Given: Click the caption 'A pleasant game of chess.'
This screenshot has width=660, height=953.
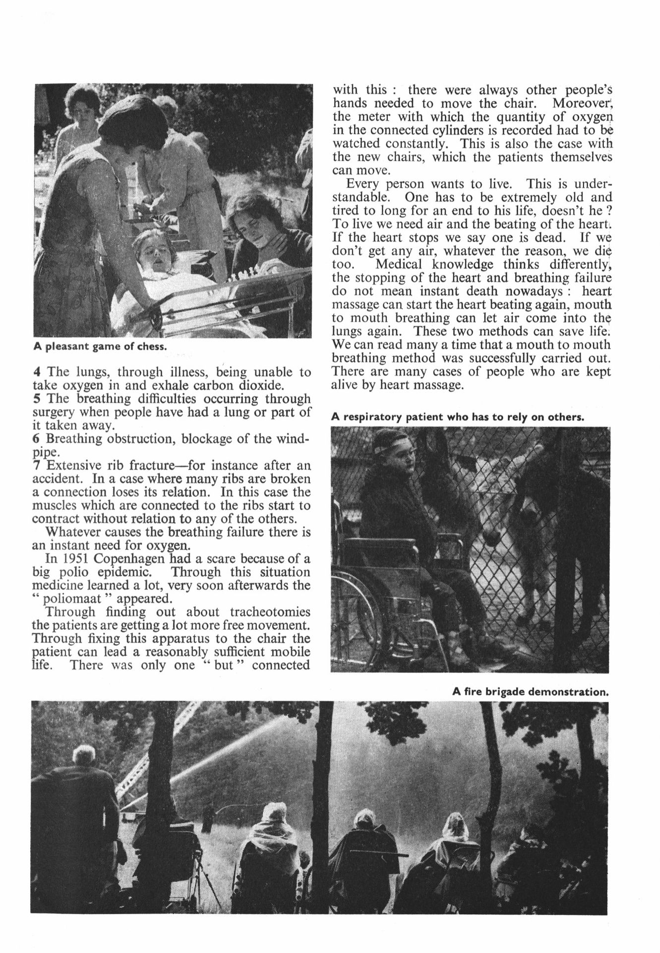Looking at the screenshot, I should point(100,346).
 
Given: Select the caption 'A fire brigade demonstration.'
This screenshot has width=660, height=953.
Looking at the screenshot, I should point(530,691).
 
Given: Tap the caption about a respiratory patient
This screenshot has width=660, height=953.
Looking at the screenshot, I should point(458,417).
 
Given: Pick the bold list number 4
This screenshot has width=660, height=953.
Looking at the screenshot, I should point(37,372).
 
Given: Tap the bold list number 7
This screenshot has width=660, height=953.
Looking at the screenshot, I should point(37,466).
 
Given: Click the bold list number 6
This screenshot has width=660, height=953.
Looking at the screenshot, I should point(37,439).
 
